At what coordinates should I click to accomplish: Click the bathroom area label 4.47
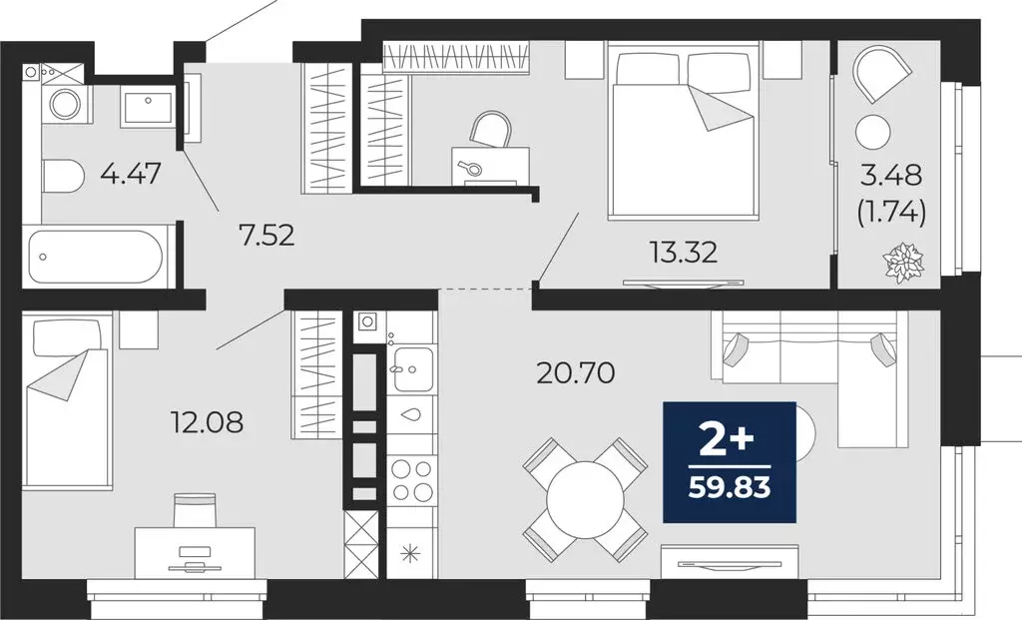coord(131,178)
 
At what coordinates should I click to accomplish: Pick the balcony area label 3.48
coord(893,179)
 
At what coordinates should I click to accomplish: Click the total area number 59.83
coord(730,488)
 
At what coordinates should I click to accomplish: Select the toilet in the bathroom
coord(63,178)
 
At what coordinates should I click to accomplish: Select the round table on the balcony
coord(873,131)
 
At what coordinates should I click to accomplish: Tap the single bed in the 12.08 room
coord(67,399)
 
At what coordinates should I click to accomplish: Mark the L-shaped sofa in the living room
coord(818,369)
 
